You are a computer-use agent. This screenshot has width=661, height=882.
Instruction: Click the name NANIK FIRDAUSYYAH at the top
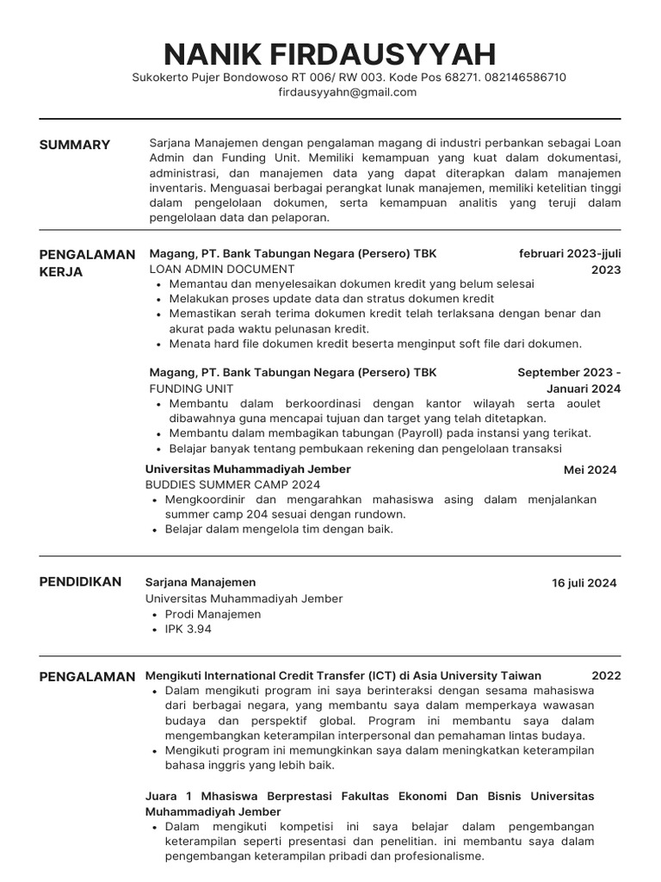(x=330, y=54)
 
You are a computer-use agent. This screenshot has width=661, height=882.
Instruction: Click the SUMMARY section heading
(x=75, y=145)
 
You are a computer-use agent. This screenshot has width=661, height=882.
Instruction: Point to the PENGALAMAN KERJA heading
(x=87, y=263)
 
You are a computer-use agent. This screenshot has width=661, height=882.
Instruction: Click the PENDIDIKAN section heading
(x=80, y=582)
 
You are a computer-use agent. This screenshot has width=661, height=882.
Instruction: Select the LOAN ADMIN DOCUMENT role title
(x=222, y=269)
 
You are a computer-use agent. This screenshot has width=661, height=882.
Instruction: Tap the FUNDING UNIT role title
(x=191, y=388)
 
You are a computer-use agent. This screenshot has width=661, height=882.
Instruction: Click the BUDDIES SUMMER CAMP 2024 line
(x=232, y=485)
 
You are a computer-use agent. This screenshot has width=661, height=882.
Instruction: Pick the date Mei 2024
(x=590, y=470)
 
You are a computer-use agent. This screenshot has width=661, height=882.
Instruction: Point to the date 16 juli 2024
(x=584, y=583)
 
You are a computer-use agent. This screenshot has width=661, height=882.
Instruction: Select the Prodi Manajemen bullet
(x=213, y=614)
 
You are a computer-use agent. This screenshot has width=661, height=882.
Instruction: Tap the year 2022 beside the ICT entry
(x=606, y=676)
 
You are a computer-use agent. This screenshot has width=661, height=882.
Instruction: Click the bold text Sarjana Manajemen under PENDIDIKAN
(x=201, y=582)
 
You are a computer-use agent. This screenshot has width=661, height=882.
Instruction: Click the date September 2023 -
(x=569, y=372)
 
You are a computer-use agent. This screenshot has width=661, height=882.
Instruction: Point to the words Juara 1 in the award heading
(x=170, y=796)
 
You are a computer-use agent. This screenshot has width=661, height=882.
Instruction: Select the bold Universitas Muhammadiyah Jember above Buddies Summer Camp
(x=248, y=469)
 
